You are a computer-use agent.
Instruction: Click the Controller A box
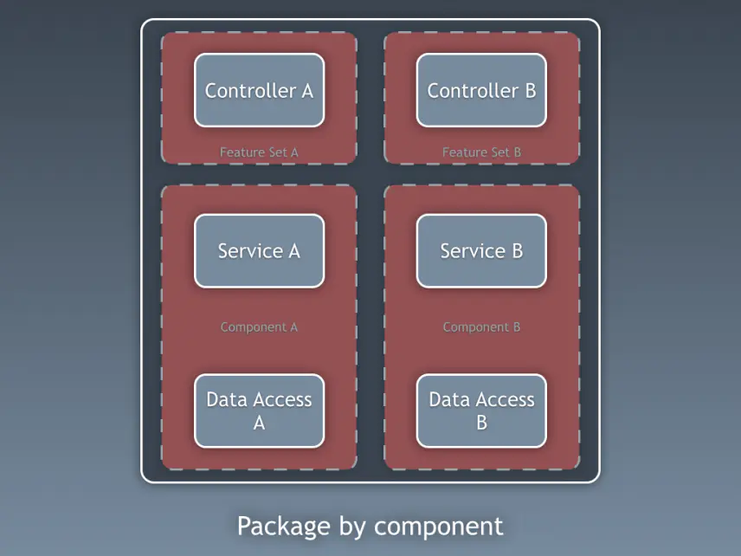coord(259,90)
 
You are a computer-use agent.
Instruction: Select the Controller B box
coord(481,90)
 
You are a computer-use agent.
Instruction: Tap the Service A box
coord(259,251)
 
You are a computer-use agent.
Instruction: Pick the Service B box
coord(481,251)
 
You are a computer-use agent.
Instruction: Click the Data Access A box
coord(259,411)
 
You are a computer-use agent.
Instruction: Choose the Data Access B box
coord(481,411)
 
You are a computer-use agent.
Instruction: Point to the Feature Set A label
coord(259,152)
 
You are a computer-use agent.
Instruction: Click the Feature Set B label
coord(481,152)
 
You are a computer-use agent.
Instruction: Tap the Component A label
coord(259,327)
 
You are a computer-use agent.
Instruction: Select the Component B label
coord(481,327)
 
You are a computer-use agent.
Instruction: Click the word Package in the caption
coord(283,527)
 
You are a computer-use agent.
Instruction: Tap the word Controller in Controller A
coord(249,90)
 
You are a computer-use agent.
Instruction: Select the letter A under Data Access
coord(259,423)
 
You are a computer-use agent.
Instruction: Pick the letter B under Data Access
coord(481,423)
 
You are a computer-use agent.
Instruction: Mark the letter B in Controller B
coord(530,90)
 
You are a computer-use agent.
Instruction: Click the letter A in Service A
coord(293,251)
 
